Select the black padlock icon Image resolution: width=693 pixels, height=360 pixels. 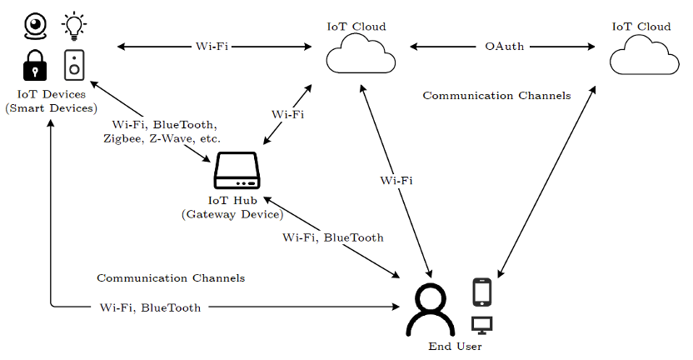click(x=35, y=65)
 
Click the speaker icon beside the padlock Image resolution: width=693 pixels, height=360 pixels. click(x=75, y=65)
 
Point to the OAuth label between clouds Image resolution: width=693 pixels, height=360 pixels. click(x=504, y=47)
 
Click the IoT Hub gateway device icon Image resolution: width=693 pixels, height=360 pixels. click(x=237, y=171)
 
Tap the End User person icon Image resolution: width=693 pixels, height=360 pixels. click(x=431, y=311)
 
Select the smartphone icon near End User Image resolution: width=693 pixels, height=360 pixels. click(x=482, y=292)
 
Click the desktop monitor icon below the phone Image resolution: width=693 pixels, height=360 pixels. click(x=482, y=326)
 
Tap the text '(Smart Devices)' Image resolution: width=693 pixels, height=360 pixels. click(x=51, y=108)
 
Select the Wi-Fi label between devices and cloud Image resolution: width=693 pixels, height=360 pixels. click(x=212, y=47)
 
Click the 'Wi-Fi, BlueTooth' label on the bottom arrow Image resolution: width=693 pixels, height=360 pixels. click(x=150, y=307)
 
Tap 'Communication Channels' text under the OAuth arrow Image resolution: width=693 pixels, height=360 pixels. click(x=496, y=96)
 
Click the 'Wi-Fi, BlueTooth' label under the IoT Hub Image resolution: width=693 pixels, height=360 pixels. click(x=332, y=237)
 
